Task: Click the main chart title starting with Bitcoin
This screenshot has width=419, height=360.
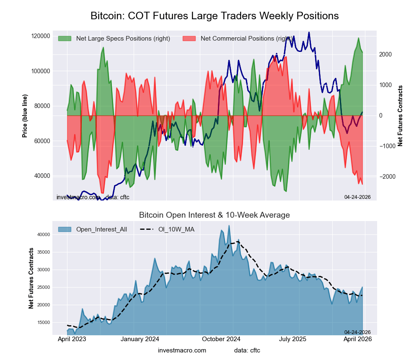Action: [215, 16]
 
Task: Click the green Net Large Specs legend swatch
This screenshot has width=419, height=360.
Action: [65, 39]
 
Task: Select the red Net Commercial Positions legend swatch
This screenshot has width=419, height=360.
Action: [189, 39]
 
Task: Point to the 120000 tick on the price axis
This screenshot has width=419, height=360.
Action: [41, 36]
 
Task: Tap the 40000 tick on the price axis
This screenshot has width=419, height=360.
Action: [42, 176]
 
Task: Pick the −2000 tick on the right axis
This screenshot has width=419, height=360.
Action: [385, 177]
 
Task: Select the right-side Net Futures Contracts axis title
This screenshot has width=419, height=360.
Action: [400, 116]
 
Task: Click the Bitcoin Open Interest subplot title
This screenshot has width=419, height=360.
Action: [215, 215]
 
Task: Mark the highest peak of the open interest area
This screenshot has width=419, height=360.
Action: [229, 226]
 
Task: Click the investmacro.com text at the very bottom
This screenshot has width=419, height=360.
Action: [182, 350]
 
